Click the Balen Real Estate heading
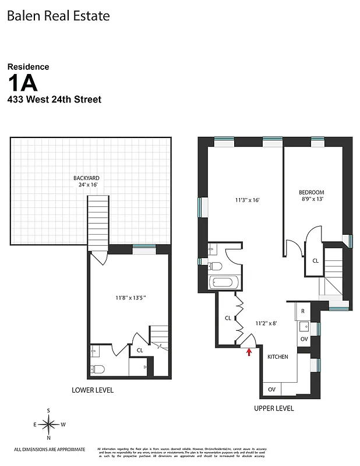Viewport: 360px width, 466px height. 58,16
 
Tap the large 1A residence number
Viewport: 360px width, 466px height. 29,83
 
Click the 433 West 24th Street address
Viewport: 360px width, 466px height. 54,100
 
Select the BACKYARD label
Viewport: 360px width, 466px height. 86,178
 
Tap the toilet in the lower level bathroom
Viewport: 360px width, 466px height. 97,368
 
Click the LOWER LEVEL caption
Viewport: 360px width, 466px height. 93,390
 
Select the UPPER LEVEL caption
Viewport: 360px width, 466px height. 274,408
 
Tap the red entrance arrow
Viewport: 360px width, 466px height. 249,351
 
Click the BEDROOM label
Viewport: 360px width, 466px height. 311,192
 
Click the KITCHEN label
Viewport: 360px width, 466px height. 277,356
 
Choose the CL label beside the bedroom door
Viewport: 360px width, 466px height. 315,261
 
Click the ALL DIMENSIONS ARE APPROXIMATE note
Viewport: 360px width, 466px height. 50,449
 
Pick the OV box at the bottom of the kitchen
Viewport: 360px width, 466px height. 271,389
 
